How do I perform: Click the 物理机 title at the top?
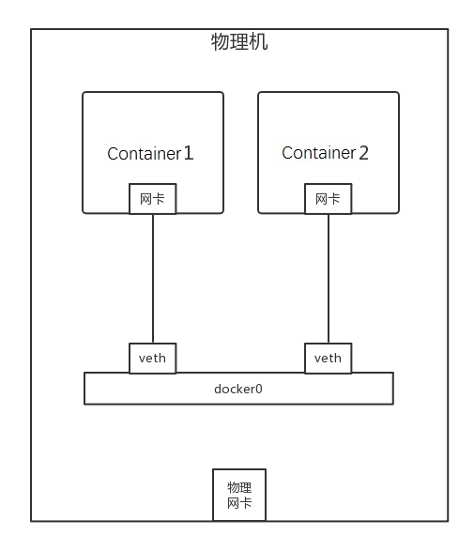[x=239, y=42]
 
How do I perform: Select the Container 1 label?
[x=150, y=153]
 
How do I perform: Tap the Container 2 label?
[x=325, y=152]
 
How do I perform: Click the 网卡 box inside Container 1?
[x=152, y=199]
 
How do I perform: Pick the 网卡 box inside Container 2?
[x=329, y=199]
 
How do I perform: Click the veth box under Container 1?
[x=152, y=358]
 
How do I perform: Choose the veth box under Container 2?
[x=329, y=358]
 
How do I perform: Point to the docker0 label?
[x=238, y=389]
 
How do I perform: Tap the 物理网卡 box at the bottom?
[x=239, y=495]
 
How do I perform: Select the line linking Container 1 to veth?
[x=153, y=278]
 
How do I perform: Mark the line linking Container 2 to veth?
[x=329, y=278]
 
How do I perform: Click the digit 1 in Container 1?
[x=189, y=153]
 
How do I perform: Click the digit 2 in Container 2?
[x=363, y=153]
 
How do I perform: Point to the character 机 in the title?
[x=259, y=42]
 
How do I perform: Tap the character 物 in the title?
[x=220, y=42]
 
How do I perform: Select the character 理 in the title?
[x=239, y=42]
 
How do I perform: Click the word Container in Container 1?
[x=144, y=154]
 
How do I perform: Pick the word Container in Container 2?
[x=319, y=153]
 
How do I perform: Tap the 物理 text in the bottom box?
[x=239, y=487]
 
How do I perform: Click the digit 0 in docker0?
[x=259, y=389]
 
